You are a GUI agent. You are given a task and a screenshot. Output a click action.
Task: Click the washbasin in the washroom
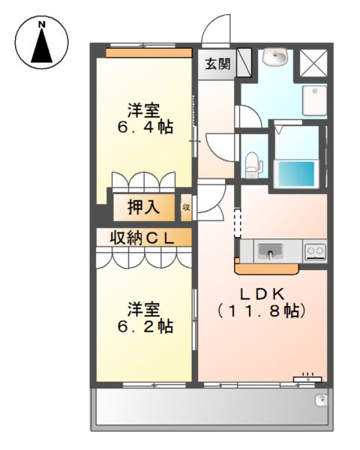pos(277,56)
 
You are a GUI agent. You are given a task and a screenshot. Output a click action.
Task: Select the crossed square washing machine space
pos(313,62)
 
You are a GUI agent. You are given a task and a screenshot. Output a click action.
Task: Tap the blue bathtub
pos(295,172)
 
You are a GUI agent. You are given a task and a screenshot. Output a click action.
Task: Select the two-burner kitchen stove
pos(313,250)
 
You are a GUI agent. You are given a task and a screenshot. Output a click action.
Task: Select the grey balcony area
pos(210,409)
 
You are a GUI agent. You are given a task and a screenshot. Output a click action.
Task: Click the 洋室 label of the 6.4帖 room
pos(142,109)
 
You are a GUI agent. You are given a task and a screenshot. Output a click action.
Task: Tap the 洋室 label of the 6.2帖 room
pos(142,308)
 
